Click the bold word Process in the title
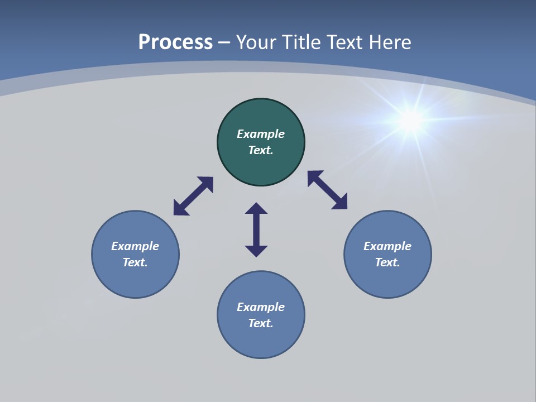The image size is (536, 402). pos(175,42)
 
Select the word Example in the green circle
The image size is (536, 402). pos(261,134)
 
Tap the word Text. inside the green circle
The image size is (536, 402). pos(261,150)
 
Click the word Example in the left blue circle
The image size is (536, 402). pos(135,246)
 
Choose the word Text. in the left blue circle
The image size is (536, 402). pos(135,262)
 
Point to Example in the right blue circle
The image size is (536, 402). pos(387,246)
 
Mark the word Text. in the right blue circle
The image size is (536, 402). pos(387,262)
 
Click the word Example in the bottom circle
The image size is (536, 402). pos(261,307)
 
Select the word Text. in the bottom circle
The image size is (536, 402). pos(261,323)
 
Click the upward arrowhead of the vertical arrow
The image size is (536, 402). pos(256,209)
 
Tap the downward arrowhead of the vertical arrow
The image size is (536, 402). pos(256,251)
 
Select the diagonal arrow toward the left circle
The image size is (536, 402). pos(193,196)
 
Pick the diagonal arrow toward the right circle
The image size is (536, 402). pos(327,190)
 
